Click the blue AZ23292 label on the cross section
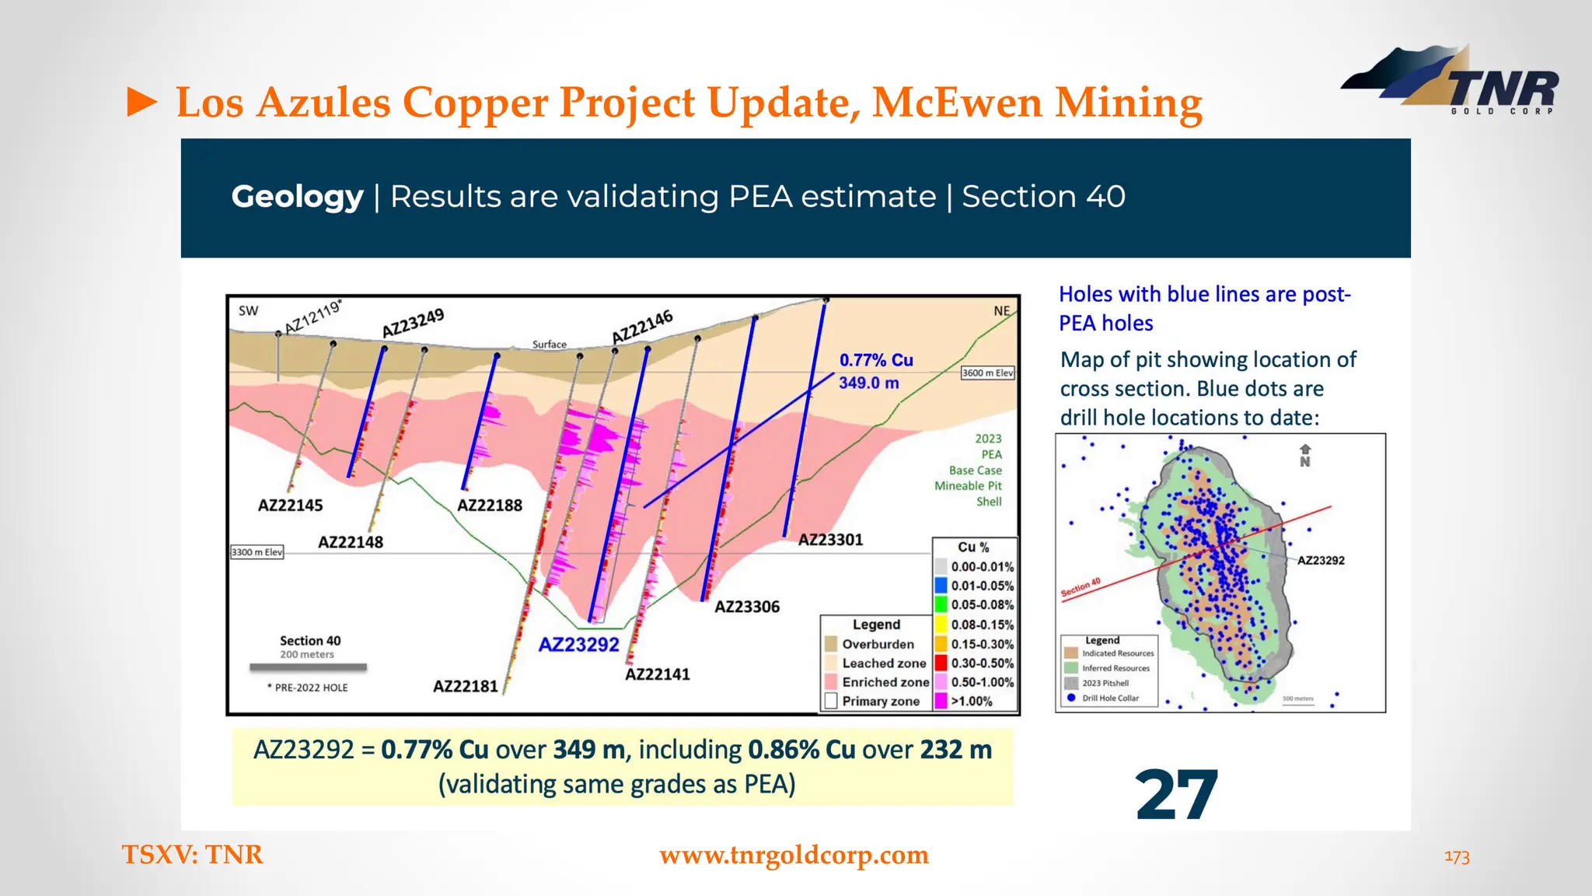click(578, 645)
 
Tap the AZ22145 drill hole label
click(290, 506)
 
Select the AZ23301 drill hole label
click(830, 540)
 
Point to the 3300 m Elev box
click(257, 552)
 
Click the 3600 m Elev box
click(987, 373)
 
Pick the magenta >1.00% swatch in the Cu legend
click(941, 701)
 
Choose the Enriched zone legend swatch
click(830, 682)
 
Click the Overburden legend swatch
click(830, 644)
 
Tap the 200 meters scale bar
click(308, 667)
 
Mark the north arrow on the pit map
click(1305, 455)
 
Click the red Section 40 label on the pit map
click(1081, 588)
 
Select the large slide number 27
click(1176, 795)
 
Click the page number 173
click(1457, 857)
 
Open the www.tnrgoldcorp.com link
click(794, 855)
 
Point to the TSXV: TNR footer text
click(193, 855)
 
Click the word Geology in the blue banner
click(297, 197)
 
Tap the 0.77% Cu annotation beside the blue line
click(876, 360)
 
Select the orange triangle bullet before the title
click(141, 103)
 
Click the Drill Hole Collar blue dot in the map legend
click(1071, 698)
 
